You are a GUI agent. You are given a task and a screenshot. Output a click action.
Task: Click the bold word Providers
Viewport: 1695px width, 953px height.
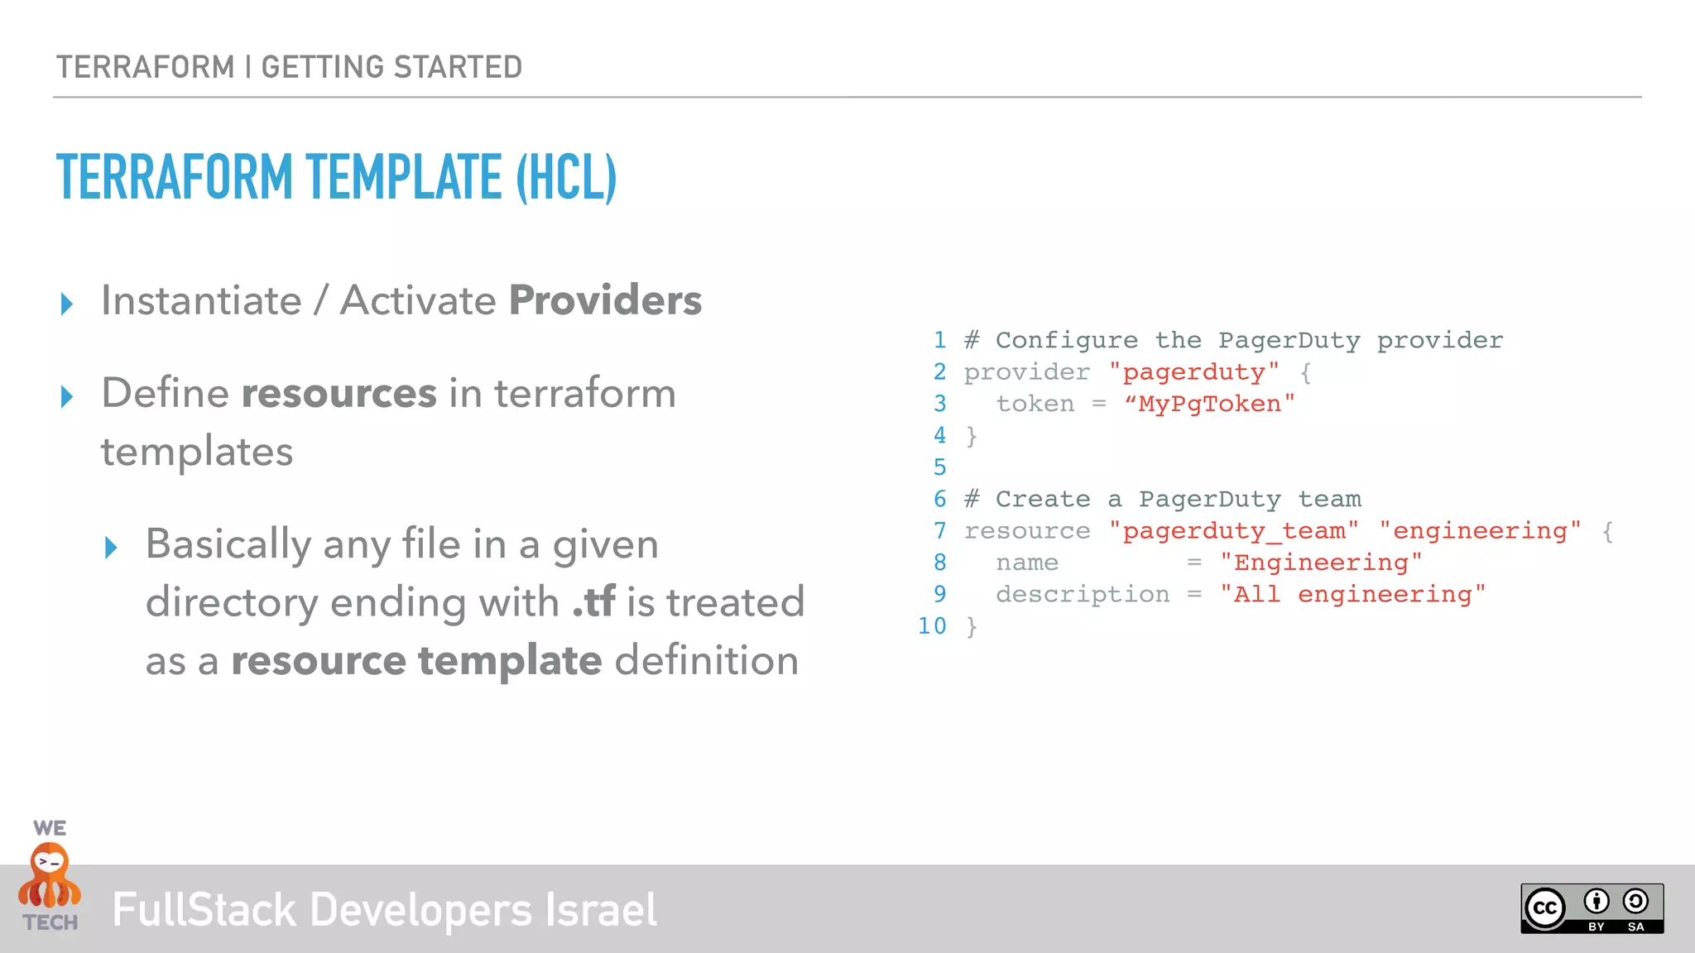pos(605,300)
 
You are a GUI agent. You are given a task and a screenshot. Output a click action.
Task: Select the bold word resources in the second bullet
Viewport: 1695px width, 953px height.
pos(339,393)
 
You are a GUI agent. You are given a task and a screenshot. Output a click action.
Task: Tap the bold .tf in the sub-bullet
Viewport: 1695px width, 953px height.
pos(593,602)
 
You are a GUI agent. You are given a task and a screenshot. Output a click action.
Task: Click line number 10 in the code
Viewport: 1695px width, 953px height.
pos(932,626)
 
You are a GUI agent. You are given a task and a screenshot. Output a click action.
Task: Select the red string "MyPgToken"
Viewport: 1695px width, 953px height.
pos(1209,404)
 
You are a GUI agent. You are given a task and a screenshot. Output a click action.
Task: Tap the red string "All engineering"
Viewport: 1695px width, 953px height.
pos(1352,595)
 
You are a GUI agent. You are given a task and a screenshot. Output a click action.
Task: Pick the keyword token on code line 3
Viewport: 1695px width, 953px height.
pos(1035,404)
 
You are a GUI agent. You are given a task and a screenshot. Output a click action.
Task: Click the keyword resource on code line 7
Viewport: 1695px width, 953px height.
pos(1027,531)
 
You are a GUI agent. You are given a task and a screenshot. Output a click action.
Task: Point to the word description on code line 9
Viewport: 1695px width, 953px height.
pos(1083,595)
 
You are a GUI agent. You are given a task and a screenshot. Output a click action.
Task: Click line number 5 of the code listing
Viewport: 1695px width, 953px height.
pos(939,467)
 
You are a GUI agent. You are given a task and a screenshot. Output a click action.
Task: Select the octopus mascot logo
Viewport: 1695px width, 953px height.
pos(50,876)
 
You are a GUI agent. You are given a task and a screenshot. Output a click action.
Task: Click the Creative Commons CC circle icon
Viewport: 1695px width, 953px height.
pos(1545,908)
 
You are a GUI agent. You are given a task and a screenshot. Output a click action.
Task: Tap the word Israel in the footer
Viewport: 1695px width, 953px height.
pos(601,910)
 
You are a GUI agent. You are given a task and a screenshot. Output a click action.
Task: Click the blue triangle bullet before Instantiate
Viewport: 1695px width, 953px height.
pos(67,304)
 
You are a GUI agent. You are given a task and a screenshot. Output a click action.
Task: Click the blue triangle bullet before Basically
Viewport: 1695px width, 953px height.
pos(112,548)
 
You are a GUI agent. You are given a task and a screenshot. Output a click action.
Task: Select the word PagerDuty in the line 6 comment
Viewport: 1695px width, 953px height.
pos(1209,500)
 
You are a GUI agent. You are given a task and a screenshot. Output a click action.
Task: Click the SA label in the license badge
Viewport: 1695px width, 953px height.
pos(1635,927)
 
